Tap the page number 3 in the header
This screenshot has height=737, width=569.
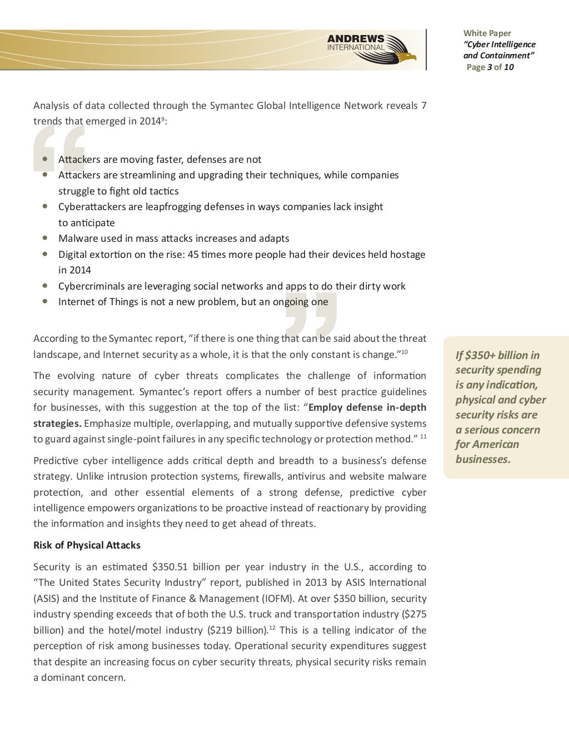point(489,67)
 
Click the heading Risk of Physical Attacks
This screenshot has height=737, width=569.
point(87,545)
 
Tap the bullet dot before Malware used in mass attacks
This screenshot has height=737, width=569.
point(44,238)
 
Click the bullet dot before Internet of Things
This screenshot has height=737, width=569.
point(44,301)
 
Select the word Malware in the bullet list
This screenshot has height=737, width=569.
point(76,238)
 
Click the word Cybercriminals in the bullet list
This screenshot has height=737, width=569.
point(91,286)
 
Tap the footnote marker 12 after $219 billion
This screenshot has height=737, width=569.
point(272,628)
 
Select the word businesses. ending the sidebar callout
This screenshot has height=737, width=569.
point(482,459)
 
